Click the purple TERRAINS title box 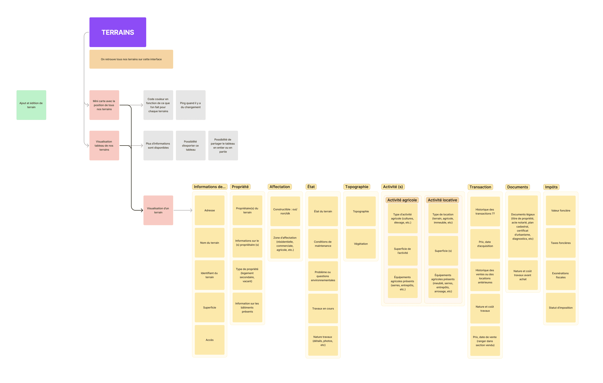tap(118, 32)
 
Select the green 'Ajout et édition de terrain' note tap(31, 105)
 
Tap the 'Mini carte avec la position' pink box tap(104, 105)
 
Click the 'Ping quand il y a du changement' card tap(191, 105)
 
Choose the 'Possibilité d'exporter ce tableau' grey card tap(191, 146)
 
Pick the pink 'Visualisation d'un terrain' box tap(158, 210)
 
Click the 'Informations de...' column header tap(210, 187)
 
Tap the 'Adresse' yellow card tap(210, 210)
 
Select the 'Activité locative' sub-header tap(442, 200)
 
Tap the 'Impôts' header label tap(551, 187)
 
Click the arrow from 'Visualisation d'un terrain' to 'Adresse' tap(183, 210)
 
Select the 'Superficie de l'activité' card tap(402, 251)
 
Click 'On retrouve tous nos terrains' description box tap(131, 59)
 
